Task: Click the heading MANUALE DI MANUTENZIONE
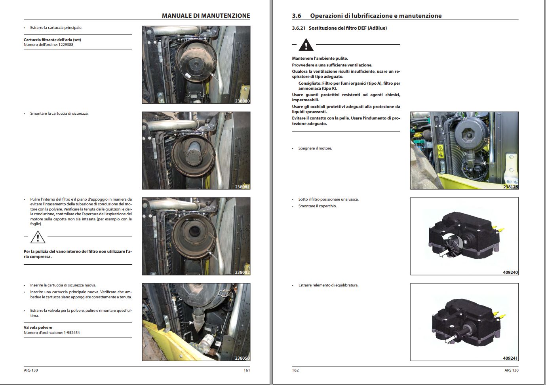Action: coord(206,16)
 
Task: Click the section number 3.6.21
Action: coord(299,28)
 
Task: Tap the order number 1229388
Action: coord(66,45)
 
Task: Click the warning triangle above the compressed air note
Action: coord(38,237)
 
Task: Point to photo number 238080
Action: coord(242,101)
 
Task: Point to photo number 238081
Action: coord(242,187)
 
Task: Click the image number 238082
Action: coord(242,273)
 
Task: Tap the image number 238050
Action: coord(242,358)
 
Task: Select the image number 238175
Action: coord(510,187)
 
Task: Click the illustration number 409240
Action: coord(510,273)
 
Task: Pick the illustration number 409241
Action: coord(510,358)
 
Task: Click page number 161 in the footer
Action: coord(247,370)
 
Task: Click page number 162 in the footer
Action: coord(295,370)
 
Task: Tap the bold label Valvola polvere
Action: coord(38,328)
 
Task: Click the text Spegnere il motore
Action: coord(315,148)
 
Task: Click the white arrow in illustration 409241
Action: coord(450,339)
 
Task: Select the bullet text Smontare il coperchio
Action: coord(318,206)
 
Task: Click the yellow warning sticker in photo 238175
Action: coord(440,149)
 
